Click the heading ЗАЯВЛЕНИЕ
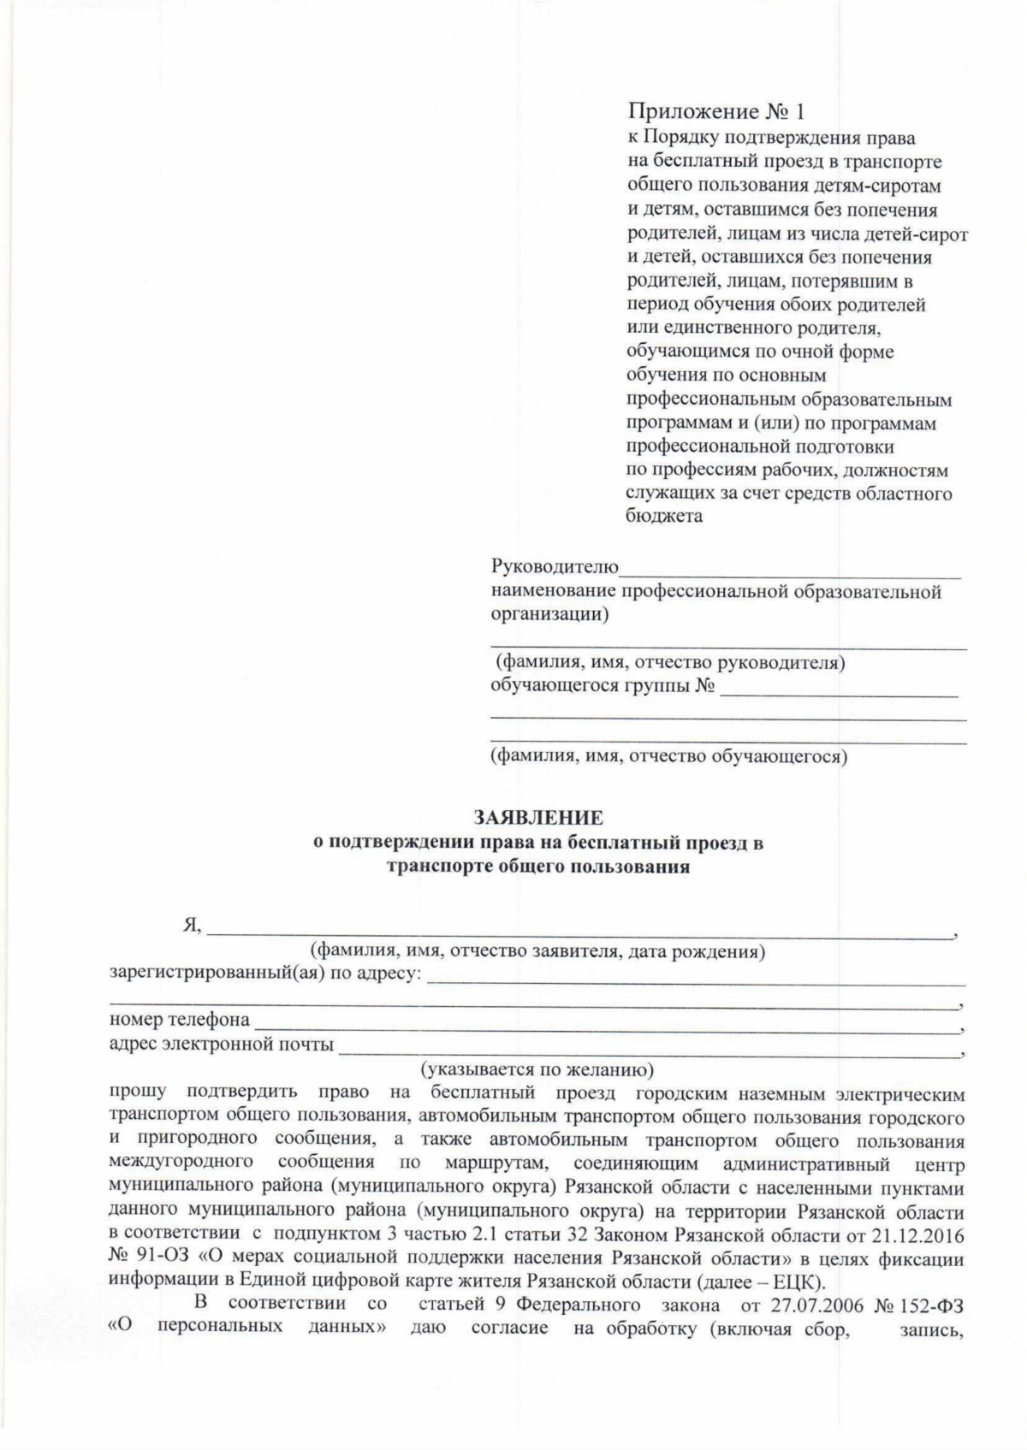click(538, 818)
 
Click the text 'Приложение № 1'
click(717, 111)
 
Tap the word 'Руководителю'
click(554, 566)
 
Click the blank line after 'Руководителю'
click(790, 568)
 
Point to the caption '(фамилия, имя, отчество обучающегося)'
click(668, 756)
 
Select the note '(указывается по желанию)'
click(537, 1069)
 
